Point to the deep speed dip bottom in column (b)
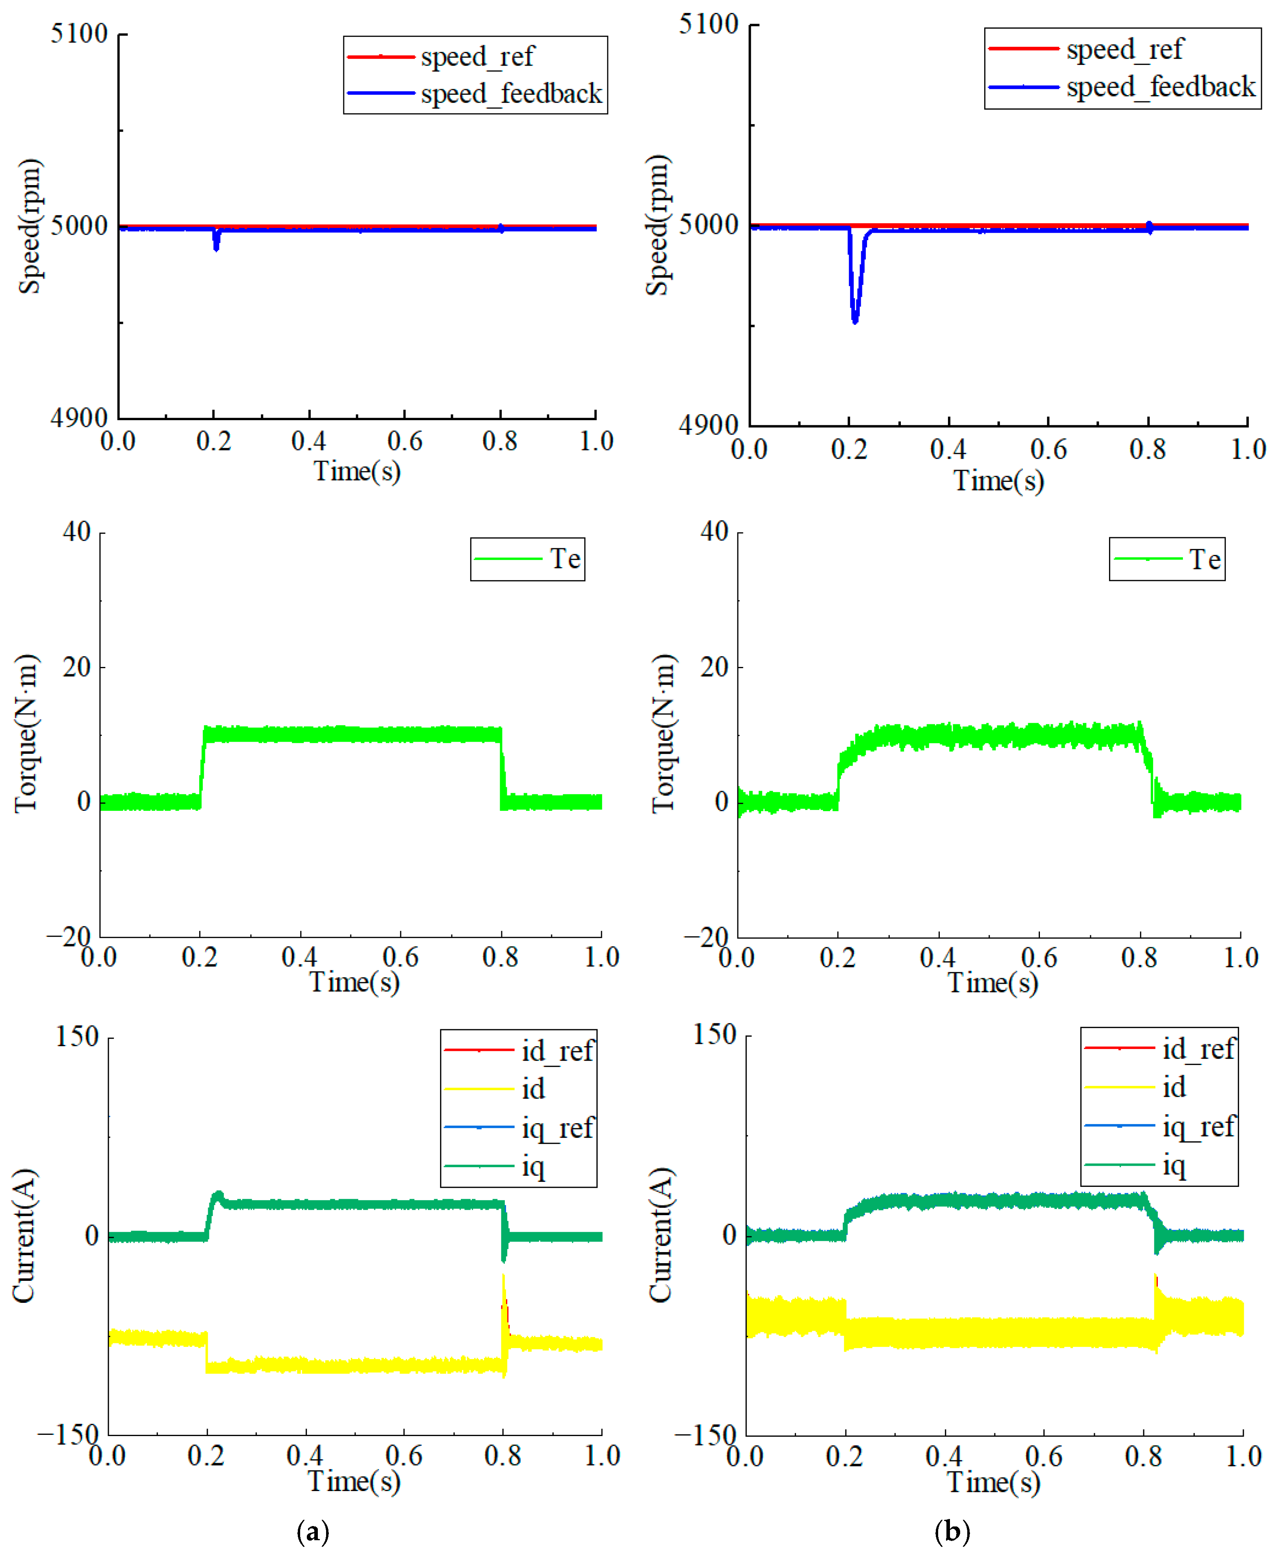[855, 321]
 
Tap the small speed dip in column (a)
[216, 242]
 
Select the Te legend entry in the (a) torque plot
[528, 559]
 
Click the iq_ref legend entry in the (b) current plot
[1159, 1126]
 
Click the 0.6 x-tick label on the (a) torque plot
[400, 957]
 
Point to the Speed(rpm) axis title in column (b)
[658, 225]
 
